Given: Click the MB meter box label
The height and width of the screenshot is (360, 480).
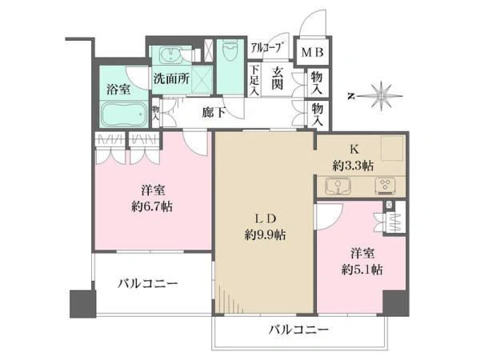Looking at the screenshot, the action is click(x=312, y=52).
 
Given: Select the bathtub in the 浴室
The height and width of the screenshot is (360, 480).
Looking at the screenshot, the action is click(x=124, y=114).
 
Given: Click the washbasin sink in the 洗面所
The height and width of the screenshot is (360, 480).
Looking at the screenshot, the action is click(x=171, y=56).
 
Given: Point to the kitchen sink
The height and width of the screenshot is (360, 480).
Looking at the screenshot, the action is click(x=338, y=186).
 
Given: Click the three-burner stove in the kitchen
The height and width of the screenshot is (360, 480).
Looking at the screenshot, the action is click(x=385, y=186).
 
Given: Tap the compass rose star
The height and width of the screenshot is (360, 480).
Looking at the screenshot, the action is click(x=382, y=96).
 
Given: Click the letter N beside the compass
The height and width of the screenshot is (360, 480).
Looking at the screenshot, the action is click(x=351, y=97).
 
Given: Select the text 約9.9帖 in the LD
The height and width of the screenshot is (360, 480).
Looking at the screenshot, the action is click(x=265, y=235).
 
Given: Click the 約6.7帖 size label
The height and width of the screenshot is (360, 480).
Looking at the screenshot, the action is click(x=152, y=207).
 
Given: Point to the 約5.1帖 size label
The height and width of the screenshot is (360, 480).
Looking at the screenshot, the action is click(x=362, y=270).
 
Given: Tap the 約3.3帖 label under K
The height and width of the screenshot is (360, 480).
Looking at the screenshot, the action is click(x=353, y=166).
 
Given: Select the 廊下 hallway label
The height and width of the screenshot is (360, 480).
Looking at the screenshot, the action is click(x=214, y=113).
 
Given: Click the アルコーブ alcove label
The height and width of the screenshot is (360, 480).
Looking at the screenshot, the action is click(x=266, y=48).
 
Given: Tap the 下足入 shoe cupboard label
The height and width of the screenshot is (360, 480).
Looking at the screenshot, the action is click(x=254, y=80).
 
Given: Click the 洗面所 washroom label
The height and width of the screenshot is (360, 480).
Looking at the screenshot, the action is click(x=171, y=79).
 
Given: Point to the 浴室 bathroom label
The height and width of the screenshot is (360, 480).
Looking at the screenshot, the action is click(x=118, y=90).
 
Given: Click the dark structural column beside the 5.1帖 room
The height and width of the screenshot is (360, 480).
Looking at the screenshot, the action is click(x=396, y=302).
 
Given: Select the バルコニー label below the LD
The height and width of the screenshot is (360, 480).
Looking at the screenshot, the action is click(x=298, y=330).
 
